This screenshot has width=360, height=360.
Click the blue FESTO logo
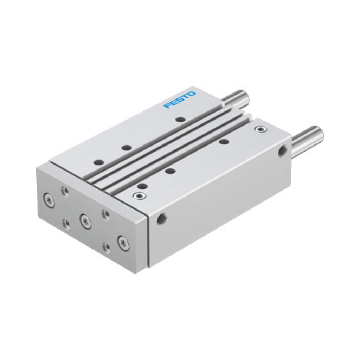click(180, 99)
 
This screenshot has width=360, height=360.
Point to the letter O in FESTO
click(192, 94)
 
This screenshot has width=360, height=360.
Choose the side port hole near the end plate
click(162, 219)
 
